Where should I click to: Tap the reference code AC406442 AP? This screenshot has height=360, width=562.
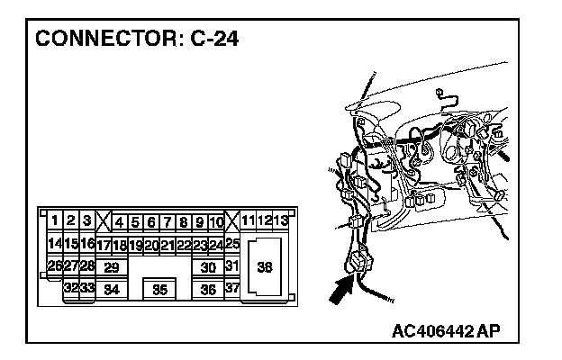[445, 330]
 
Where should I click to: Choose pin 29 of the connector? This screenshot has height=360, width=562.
[111, 267]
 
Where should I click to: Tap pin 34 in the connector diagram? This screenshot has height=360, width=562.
[111, 290]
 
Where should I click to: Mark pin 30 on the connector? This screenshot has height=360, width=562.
[208, 267]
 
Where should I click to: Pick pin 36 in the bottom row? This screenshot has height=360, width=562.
[208, 290]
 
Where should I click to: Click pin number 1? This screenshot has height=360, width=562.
[55, 220]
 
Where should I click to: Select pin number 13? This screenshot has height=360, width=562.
[281, 220]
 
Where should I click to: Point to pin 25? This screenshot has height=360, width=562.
[231, 244]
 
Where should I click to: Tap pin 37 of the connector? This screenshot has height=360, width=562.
[231, 289]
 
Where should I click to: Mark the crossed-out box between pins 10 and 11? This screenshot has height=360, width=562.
[231, 220]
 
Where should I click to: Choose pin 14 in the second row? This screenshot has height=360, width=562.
[54, 244]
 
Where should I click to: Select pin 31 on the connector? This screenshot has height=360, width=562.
[231, 266]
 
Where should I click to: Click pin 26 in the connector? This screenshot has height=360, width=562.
[54, 266]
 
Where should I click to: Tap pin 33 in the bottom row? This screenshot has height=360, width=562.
[87, 289]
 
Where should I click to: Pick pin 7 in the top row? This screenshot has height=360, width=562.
[168, 220]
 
